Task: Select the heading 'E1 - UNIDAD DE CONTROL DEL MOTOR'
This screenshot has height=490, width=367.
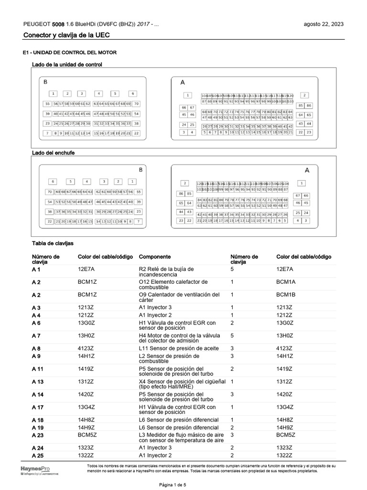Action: click(69, 52)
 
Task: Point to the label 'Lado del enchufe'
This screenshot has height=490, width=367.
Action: click(53, 153)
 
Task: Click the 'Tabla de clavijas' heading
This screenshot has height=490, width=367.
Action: click(53, 244)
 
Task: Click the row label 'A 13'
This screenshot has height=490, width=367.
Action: click(38, 382)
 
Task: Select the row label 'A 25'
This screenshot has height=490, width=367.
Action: click(38, 456)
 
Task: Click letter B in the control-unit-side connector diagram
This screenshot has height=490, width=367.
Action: click(46, 82)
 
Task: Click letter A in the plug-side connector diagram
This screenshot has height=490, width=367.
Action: click(307, 170)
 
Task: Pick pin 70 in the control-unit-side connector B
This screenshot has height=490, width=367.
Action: click(136, 103)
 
